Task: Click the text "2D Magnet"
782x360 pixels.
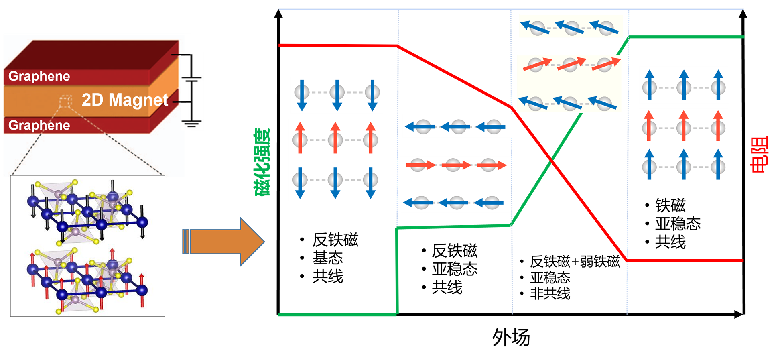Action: (125, 100)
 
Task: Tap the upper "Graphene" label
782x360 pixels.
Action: (39, 76)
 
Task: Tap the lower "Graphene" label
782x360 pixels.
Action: (39, 125)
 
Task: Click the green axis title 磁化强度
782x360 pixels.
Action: (263, 162)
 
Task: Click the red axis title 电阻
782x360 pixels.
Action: (759, 155)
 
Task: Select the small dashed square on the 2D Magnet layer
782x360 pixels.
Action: (65, 101)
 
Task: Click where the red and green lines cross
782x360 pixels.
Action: (552, 160)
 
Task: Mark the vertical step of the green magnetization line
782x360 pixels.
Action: (396, 271)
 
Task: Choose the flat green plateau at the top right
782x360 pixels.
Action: (686, 37)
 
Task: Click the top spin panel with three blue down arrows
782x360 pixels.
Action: (337, 95)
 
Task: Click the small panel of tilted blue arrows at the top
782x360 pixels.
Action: (571, 26)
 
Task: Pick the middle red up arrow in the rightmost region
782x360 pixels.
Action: (684, 125)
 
